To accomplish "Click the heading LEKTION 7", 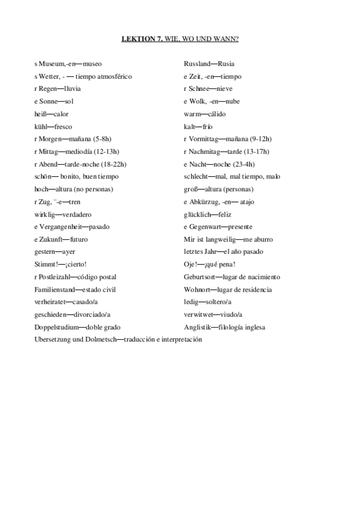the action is click(x=138, y=39).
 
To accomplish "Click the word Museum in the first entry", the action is click(x=50, y=63).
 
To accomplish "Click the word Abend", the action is click(x=48, y=164).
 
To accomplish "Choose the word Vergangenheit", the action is click(x=59, y=227).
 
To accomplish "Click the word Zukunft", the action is click(x=50, y=239).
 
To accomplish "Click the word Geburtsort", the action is click(x=200, y=277).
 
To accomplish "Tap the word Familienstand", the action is click(x=55, y=290).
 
